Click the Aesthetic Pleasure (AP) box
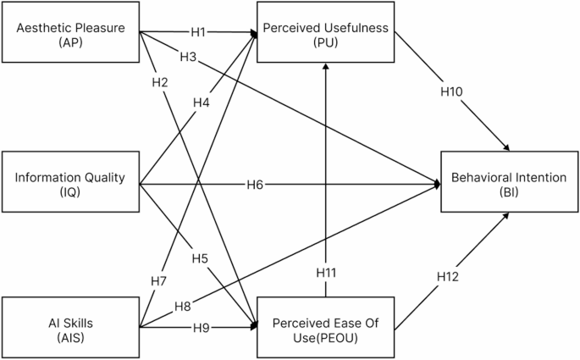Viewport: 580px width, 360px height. [x=70, y=35]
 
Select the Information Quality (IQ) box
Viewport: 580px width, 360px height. [x=70, y=184]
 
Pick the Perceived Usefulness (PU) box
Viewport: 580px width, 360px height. [x=326, y=35]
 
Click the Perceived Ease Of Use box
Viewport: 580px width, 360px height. [x=326, y=324]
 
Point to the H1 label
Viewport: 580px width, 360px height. [x=199, y=33]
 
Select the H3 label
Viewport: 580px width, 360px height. [x=188, y=57]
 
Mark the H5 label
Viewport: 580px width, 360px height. [x=200, y=258]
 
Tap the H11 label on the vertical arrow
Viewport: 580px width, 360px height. [x=326, y=273]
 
